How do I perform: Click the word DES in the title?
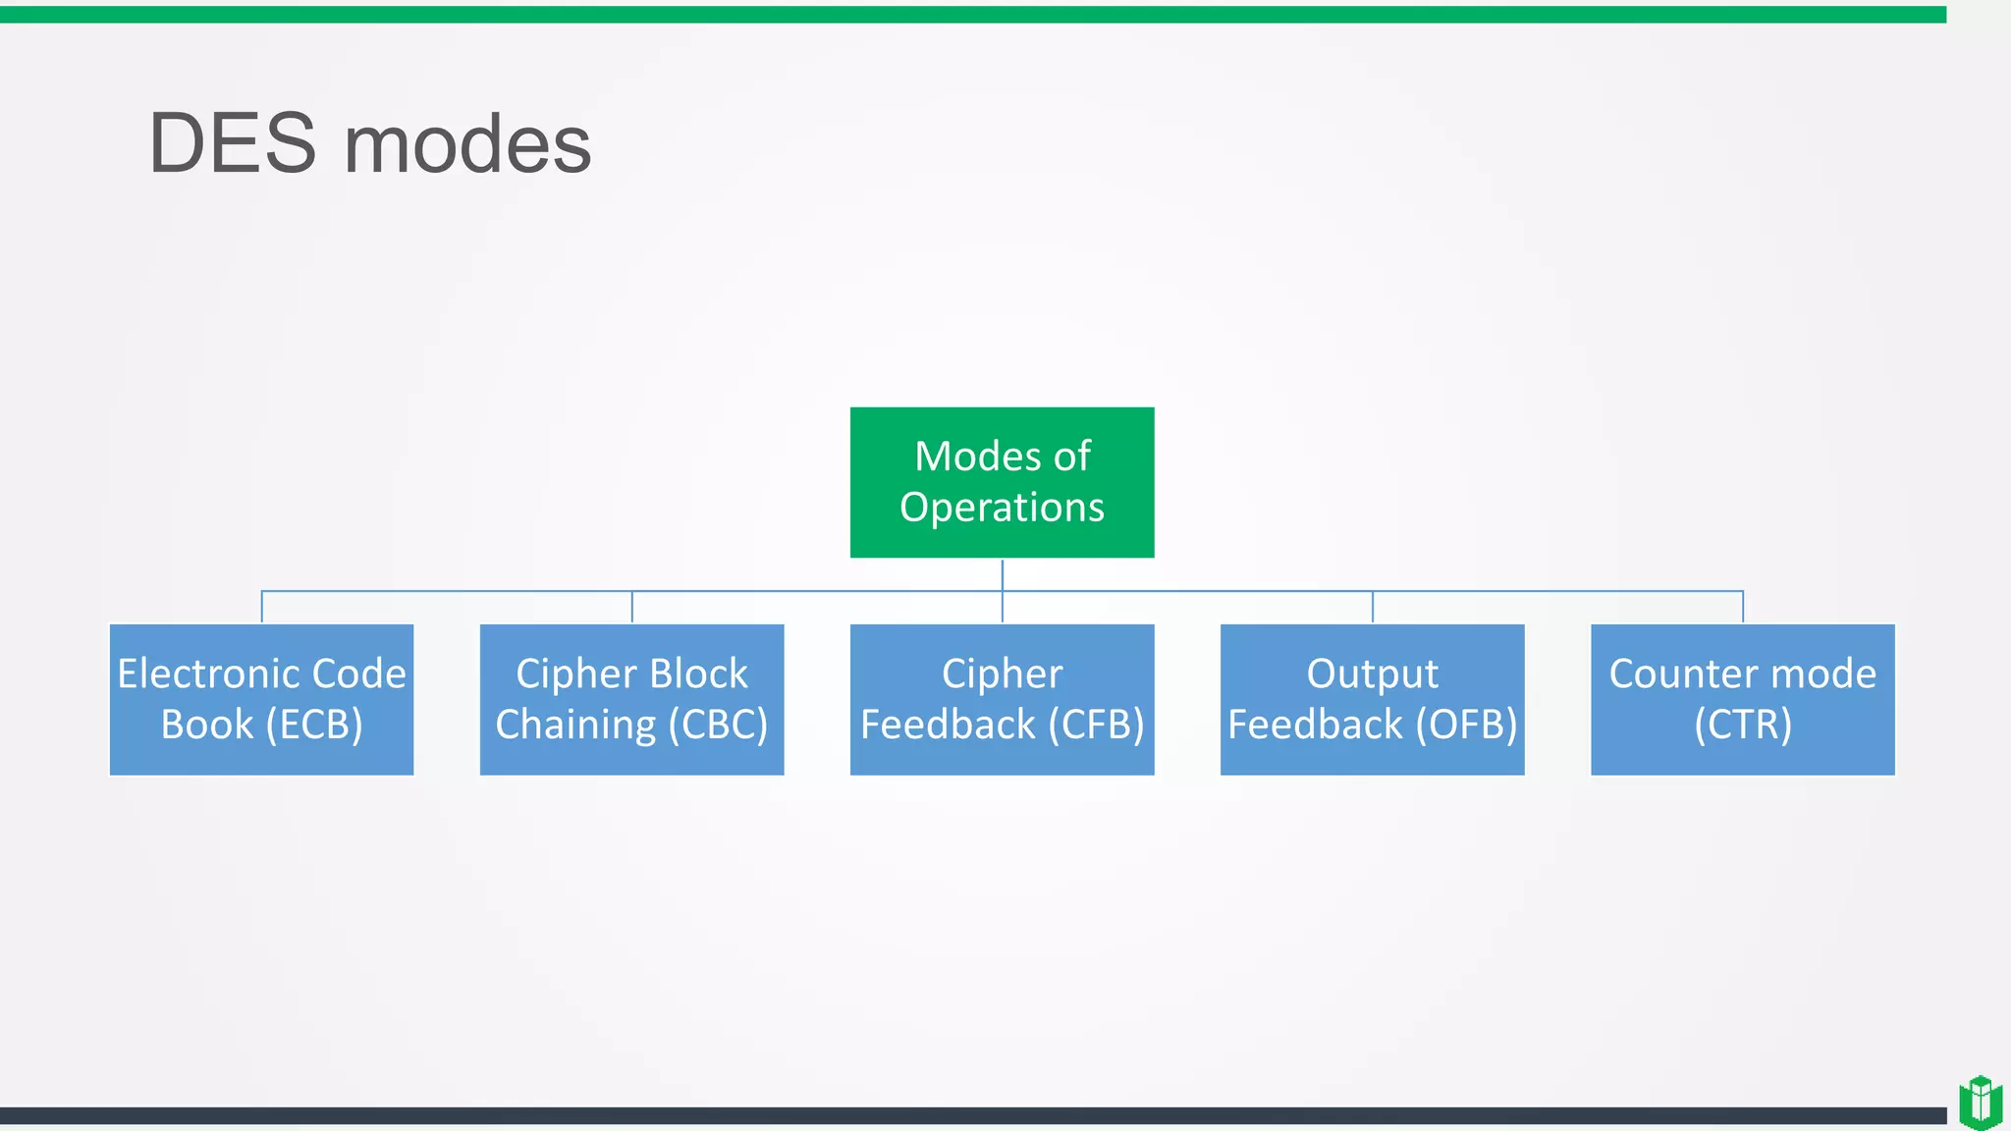[232, 144]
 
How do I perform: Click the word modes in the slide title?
[467, 144]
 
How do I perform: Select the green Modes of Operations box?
[1002, 482]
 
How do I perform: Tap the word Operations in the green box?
[1002, 508]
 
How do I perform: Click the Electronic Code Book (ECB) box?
[261, 699]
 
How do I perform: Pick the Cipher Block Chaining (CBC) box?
[631, 699]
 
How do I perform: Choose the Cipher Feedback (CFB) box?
[1002, 699]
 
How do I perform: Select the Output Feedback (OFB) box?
[1372, 699]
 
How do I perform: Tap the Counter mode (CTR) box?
[1742, 699]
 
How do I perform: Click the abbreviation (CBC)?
[718, 726]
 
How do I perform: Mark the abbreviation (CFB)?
[1096, 726]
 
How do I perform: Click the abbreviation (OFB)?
[1466, 726]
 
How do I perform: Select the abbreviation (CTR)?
[1743, 726]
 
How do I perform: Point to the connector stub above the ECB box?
[262, 607]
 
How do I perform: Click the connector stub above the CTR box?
[1743, 607]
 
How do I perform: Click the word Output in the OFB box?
[1372, 674]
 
